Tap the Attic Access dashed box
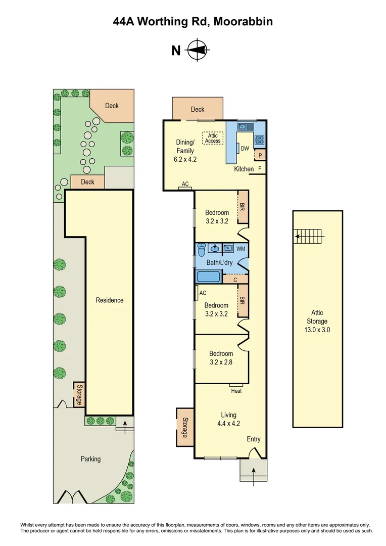[213, 138]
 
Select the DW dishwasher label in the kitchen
[245, 148]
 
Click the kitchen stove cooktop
[260, 139]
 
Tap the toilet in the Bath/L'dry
[202, 249]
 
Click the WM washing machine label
[240, 249]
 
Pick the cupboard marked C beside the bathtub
[235, 279]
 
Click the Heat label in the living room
[236, 391]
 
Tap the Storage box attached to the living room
[184, 427]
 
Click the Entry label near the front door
[253, 439]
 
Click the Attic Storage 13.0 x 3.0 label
[317, 321]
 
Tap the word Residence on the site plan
[110, 300]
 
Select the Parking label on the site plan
[90, 459]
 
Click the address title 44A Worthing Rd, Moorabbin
[192, 22]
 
